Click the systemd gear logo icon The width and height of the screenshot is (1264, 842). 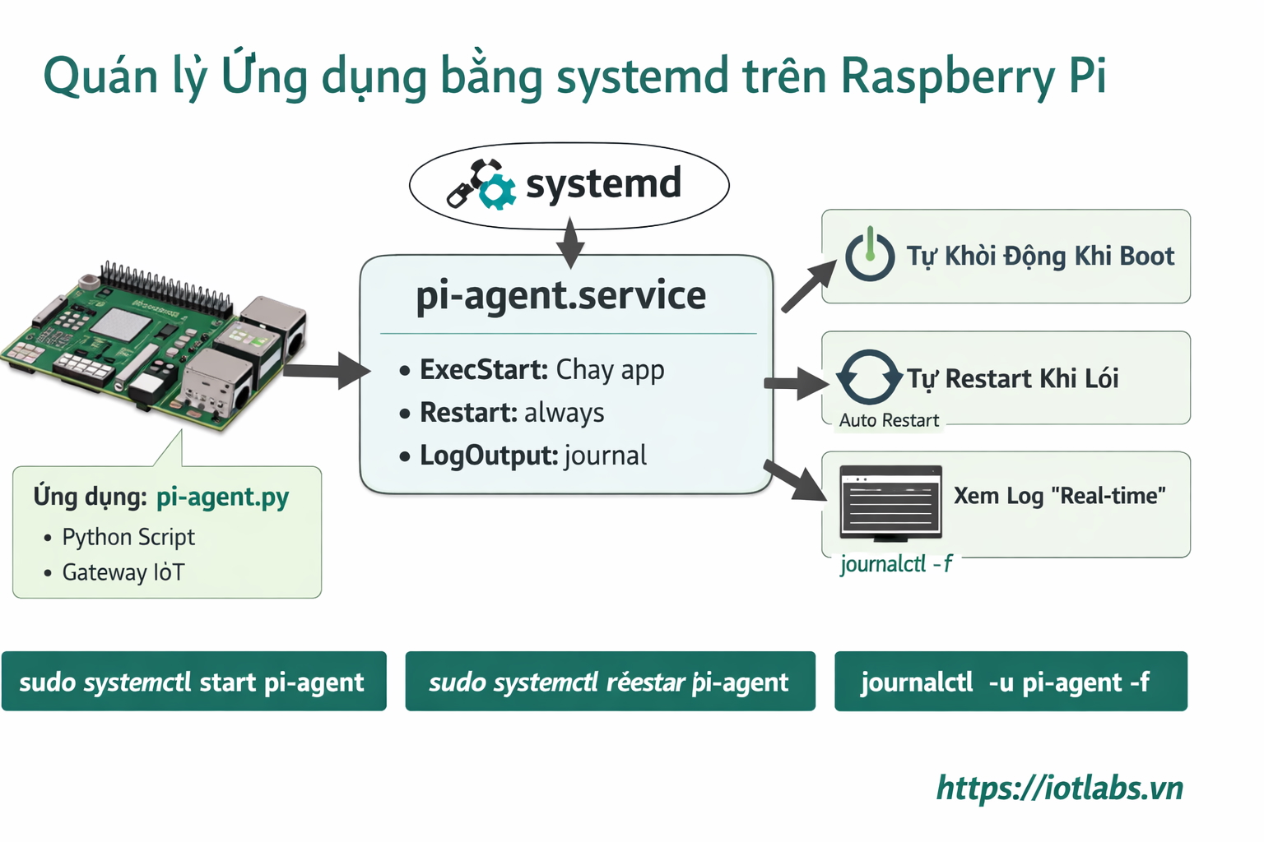pyautogui.click(x=482, y=184)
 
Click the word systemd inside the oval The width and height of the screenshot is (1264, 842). pyautogui.click(x=603, y=183)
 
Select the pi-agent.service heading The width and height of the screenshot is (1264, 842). pyautogui.click(x=560, y=295)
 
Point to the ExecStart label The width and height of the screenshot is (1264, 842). pyautogui.click(x=483, y=370)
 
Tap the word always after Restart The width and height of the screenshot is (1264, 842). pyautogui.click(x=564, y=413)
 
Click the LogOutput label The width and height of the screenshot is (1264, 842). pyautogui.click(x=489, y=456)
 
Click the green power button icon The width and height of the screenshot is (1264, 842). pyautogui.click(x=870, y=256)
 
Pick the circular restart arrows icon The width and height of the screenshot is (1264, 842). pyautogui.click(x=868, y=377)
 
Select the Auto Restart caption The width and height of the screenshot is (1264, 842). pyautogui.click(x=889, y=420)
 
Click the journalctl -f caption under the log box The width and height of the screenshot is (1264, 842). pyautogui.click(x=895, y=564)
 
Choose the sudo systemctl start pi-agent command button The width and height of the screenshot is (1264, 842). pyautogui.click(x=193, y=682)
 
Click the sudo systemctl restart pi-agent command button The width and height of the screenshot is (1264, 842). pyautogui.click(x=610, y=682)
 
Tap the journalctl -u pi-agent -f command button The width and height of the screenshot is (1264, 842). pyautogui.click(x=1011, y=682)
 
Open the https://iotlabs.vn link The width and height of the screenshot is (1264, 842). pyautogui.click(x=1059, y=788)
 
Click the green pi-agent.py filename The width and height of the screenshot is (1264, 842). pyautogui.click(x=222, y=497)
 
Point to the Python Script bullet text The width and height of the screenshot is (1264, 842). pyautogui.click(x=128, y=537)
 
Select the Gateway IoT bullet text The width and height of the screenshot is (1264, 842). pyautogui.click(x=123, y=572)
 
